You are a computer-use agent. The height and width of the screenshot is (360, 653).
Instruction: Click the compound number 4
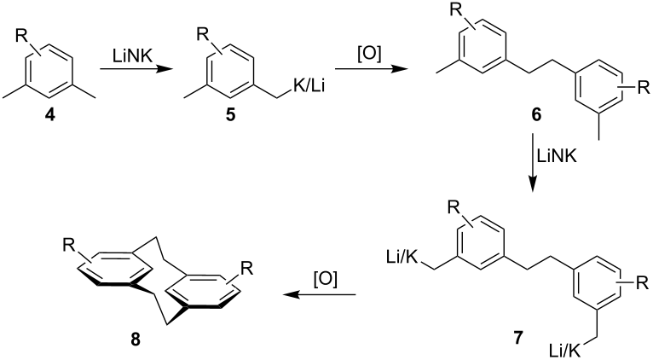point(50,115)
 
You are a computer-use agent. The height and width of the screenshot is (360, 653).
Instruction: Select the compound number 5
point(230,115)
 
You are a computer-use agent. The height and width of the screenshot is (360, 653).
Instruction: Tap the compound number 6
point(536,115)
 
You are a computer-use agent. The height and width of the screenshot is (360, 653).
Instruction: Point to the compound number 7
point(517,338)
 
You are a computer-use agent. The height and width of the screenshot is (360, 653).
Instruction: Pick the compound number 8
point(136,340)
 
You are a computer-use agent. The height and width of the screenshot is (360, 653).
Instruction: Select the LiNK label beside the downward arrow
point(557,156)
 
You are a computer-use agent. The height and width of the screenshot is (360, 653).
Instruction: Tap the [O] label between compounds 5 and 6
point(369,54)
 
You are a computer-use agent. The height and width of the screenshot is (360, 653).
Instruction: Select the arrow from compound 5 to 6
point(372,69)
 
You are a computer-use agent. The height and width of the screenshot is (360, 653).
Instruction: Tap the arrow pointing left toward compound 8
point(320,295)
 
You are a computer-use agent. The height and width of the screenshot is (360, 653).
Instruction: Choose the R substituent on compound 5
point(203,35)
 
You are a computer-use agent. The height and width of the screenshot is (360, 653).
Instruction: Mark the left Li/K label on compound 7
point(402,257)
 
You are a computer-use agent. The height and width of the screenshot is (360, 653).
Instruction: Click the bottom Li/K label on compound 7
point(564,350)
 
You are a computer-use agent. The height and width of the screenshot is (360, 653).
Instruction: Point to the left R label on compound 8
point(69,246)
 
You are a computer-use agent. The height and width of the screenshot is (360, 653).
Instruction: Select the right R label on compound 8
point(247,269)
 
